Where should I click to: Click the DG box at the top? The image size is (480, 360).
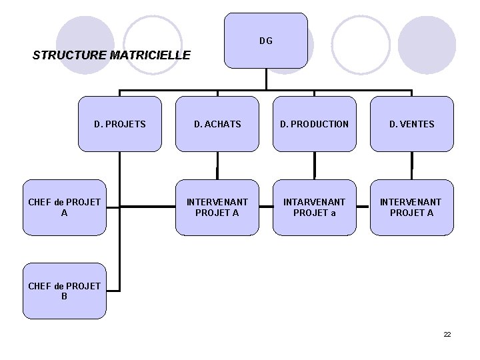tap(266, 41)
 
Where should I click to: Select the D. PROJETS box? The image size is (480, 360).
tap(120, 124)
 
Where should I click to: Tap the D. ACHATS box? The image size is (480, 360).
tap(217, 124)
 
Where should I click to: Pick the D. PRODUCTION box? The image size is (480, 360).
tap(314, 124)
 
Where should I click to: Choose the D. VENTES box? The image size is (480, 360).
tap(411, 124)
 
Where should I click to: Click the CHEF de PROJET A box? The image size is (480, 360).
tap(65, 207)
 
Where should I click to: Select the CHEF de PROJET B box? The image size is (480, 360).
tap(65, 291)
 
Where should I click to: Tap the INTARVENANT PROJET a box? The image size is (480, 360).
tap(314, 207)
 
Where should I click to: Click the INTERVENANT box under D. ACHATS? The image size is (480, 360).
tap(217, 207)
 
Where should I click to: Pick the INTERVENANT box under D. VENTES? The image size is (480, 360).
tap(411, 207)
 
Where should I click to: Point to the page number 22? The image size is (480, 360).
tap(447, 334)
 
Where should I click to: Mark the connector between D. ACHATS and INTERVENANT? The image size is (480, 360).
tap(217, 166)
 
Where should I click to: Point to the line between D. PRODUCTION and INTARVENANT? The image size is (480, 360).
tap(314, 166)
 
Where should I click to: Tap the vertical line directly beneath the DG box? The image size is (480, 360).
tap(266, 78)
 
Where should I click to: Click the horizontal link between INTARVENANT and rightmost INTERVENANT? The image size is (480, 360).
tap(363, 207)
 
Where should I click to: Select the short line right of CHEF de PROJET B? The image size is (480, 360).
tap(113, 291)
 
